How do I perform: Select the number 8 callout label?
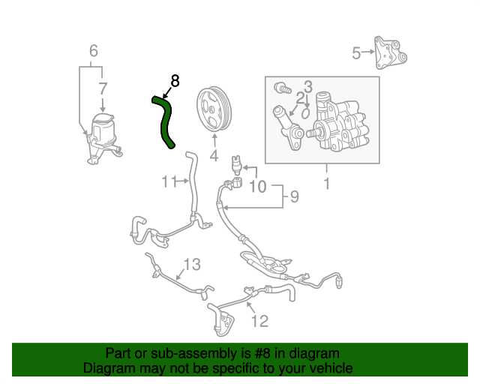point(175,80)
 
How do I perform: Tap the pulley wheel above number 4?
point(214,109)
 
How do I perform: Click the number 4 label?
point(214,156)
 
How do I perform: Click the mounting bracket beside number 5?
point(391,53)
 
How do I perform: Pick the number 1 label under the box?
point(326,182)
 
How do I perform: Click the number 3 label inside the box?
point(307,87)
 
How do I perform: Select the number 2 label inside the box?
point(300,98)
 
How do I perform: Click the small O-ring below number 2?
point(306,113)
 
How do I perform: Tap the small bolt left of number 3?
point(283,88)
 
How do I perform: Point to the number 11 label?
point(169,181)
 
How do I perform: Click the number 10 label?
point(256,185)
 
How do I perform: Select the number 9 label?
point(294,197)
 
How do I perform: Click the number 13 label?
point(192,264)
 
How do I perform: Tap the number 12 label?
point(259,321)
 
